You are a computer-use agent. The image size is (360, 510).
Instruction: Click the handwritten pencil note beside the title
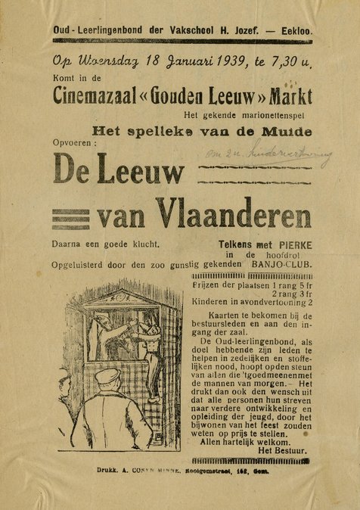tap(268, 157)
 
